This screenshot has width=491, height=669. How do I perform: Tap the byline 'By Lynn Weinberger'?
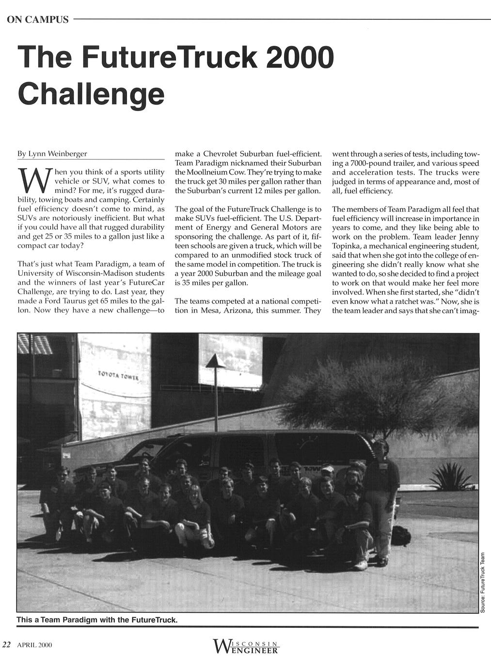(x=52, y=154)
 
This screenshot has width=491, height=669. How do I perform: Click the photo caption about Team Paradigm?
(x=97, y=620)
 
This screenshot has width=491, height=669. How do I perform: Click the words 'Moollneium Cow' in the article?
(x=214, y=172)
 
